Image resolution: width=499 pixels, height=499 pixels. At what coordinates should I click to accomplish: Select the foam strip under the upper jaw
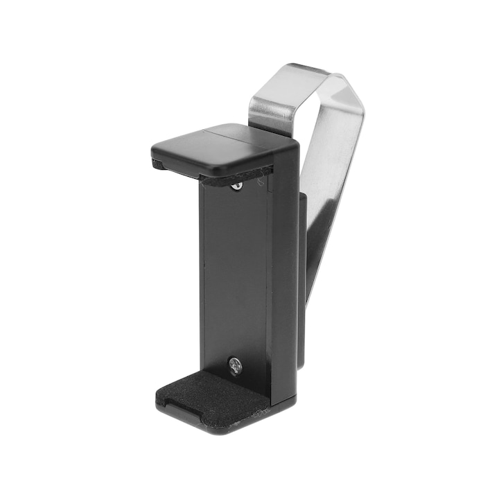click(236, 176)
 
